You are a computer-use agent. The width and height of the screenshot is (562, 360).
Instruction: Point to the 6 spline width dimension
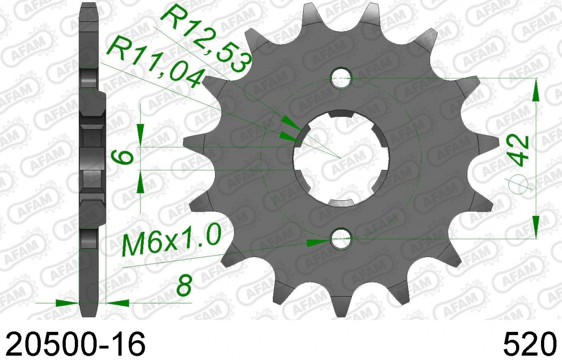[122, 159]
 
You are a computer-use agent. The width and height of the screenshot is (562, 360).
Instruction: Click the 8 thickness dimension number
[184, 285]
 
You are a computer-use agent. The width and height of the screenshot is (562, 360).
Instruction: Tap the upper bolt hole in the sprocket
[341, 78]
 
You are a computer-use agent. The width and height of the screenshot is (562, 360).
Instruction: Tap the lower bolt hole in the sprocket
[341, 239]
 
